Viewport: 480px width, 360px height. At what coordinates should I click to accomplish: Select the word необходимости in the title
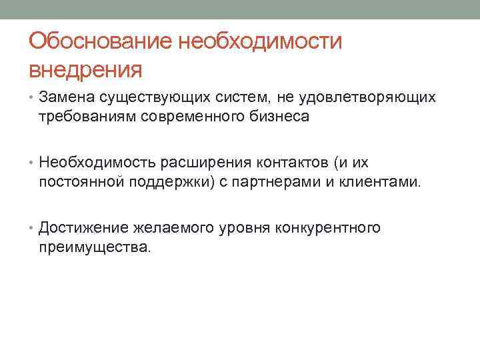[x=259, y=42]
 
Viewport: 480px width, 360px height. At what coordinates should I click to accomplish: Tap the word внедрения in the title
[x=86, y=69]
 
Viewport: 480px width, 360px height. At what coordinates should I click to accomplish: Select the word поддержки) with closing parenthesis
[x=176, y=182]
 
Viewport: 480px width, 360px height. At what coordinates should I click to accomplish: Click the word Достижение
[x=79, y=229]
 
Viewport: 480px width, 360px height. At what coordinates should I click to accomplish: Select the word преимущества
[x=95, y=247]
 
